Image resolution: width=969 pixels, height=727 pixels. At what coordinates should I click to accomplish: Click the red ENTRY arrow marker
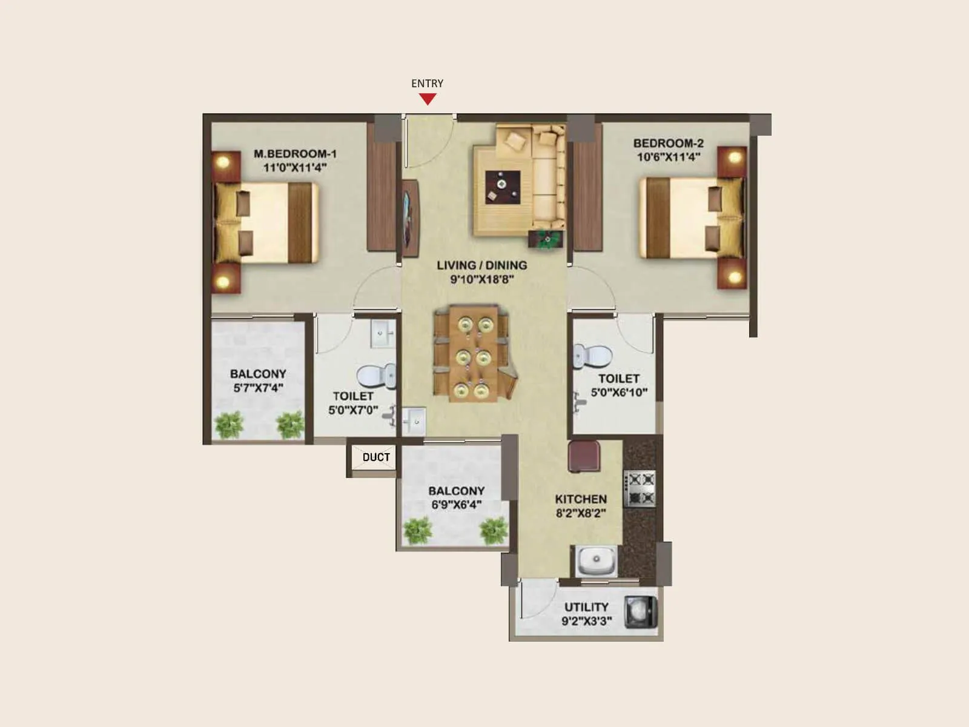click(428, 99)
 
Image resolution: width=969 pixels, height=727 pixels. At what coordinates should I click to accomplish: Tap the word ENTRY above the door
click(427, 84)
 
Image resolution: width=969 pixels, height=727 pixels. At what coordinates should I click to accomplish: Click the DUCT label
click(376, 457)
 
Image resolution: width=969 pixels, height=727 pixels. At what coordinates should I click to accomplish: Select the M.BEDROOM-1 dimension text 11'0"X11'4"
click(295, 167)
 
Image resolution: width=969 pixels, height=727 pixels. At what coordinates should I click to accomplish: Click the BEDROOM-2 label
click(668, 144)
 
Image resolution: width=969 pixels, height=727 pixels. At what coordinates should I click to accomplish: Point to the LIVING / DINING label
click(481, 265)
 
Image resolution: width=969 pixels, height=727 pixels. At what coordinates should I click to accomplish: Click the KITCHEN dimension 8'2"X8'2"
click(581, 513)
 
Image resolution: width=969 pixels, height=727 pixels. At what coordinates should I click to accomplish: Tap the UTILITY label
click(586, 607)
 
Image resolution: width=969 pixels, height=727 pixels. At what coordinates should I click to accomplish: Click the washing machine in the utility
click(642, 613)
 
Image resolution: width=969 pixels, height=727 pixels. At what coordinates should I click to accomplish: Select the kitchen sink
click(596, 560)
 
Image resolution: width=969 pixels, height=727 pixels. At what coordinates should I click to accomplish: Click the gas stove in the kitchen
click(641, 489)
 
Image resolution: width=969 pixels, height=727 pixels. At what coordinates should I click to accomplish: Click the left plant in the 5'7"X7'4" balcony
click(229, 425)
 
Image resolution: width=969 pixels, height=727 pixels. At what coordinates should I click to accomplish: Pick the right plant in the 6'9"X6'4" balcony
click(491, 531)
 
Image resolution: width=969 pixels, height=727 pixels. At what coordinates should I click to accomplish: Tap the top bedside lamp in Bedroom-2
click(735, 158)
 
